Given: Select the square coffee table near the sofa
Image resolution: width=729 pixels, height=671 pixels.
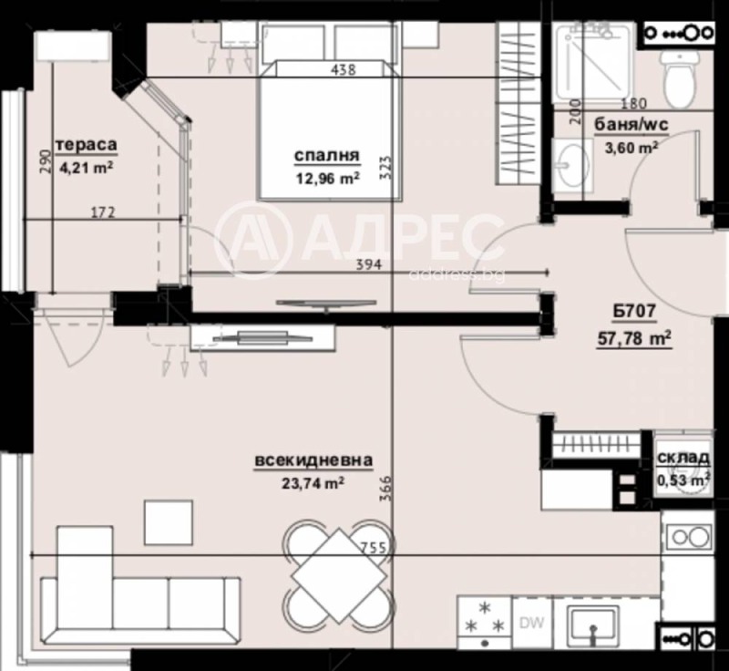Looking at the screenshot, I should pos(168,521).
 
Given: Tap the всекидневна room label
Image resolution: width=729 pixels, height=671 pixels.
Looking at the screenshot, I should pos(313,461).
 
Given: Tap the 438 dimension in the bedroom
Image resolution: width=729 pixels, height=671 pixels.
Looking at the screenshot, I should pos(343,69).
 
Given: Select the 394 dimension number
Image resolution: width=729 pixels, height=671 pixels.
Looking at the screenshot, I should pos(367,265).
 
